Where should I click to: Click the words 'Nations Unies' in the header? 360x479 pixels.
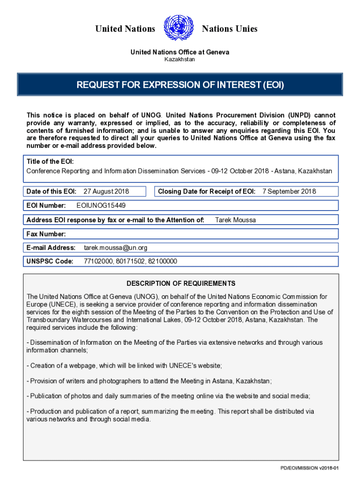[x=230, y=29]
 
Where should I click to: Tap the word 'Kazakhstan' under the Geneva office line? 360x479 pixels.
[x=180, y=60]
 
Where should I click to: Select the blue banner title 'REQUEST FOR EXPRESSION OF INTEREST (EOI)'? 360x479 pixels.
[x=180, y=85]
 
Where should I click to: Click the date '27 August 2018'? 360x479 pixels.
[x=106, y=191]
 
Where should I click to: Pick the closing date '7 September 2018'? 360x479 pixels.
[x=289, y=191]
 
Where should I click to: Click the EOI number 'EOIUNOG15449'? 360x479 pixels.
[x=101, y=205]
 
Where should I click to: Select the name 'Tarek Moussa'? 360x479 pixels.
[x=235, y=220]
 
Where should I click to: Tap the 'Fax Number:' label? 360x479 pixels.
[x=46, y=234]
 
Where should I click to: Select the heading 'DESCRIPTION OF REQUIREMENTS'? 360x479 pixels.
[x=181, y=283]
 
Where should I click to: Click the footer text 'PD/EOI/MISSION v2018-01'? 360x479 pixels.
[x=309, y=468]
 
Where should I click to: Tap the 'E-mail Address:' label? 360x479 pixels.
[x=51, y=247]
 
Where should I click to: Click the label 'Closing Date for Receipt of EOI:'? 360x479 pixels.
[x=207, y=191]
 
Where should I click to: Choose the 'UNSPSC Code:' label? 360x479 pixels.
[x=50, y=261]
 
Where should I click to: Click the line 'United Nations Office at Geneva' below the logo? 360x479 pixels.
[x=180, y=52]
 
